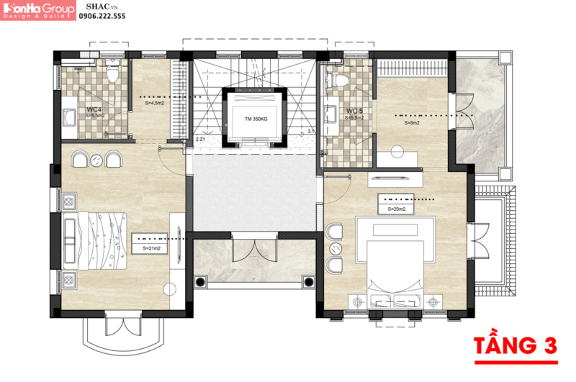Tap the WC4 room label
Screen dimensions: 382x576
point(94,109)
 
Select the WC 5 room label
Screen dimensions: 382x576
point(354,111)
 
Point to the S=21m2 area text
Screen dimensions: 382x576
point(152,248)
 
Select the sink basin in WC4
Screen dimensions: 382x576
point(71,117)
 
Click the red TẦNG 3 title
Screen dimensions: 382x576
point(516,345)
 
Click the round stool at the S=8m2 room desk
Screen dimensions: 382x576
point(397,151)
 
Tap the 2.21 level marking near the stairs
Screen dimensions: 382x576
point(199,139)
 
